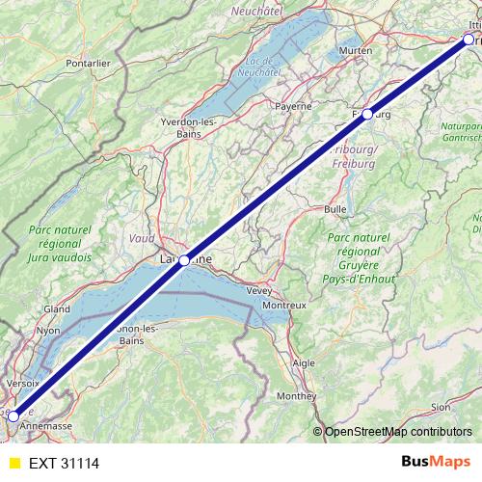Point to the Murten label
coord(356,50)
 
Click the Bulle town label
coord(335,208)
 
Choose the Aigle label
coord(304,362)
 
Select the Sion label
coord(439,407)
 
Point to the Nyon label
coord(48,330)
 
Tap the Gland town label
coord(57,309)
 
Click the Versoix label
coord(22,382)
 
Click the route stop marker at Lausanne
coord(184,260)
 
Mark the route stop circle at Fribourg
coord(367,114)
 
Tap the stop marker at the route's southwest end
coord(13,416)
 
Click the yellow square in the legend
coord(13,463)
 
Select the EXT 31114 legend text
coord(65,463)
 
